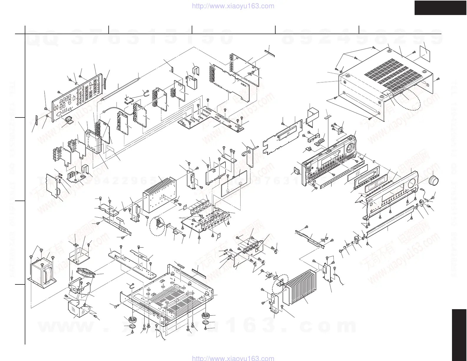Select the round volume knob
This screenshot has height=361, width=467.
(435, 180)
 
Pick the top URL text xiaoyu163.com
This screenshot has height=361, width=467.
(233, 6)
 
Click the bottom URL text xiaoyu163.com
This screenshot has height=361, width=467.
(233, 358)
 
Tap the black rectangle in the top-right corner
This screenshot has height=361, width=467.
(440, 7)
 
